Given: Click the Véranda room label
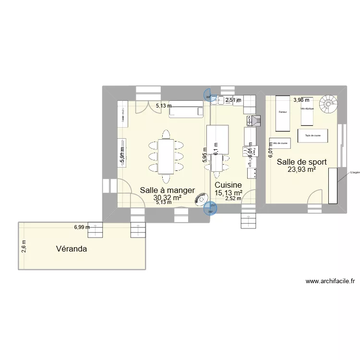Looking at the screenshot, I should [x=71, y=249].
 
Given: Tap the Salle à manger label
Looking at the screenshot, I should [x=167, y=190].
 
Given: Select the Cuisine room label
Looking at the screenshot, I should [x=228, y=185].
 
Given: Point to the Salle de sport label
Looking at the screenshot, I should [x=301, y=162].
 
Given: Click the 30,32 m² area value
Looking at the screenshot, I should [x=167, y=197].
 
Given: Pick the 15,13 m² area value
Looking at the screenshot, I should [x=228, y=192].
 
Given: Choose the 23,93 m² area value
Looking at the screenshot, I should [x=301, y=169].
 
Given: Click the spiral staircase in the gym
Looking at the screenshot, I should [x=329, y=103].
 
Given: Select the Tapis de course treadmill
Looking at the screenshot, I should [x=312, y=135].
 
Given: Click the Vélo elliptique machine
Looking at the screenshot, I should [x=307, y=111].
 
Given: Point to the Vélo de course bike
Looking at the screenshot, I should [x=279, y=144].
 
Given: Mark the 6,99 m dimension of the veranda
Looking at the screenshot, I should [x=82, y=228].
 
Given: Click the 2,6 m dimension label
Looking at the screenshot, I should [x=24, y=247].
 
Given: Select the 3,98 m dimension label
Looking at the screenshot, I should [x=301, y=100].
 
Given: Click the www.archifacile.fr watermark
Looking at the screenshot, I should [x=330, y=282].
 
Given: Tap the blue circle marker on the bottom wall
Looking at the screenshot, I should [x=210, y=208].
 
